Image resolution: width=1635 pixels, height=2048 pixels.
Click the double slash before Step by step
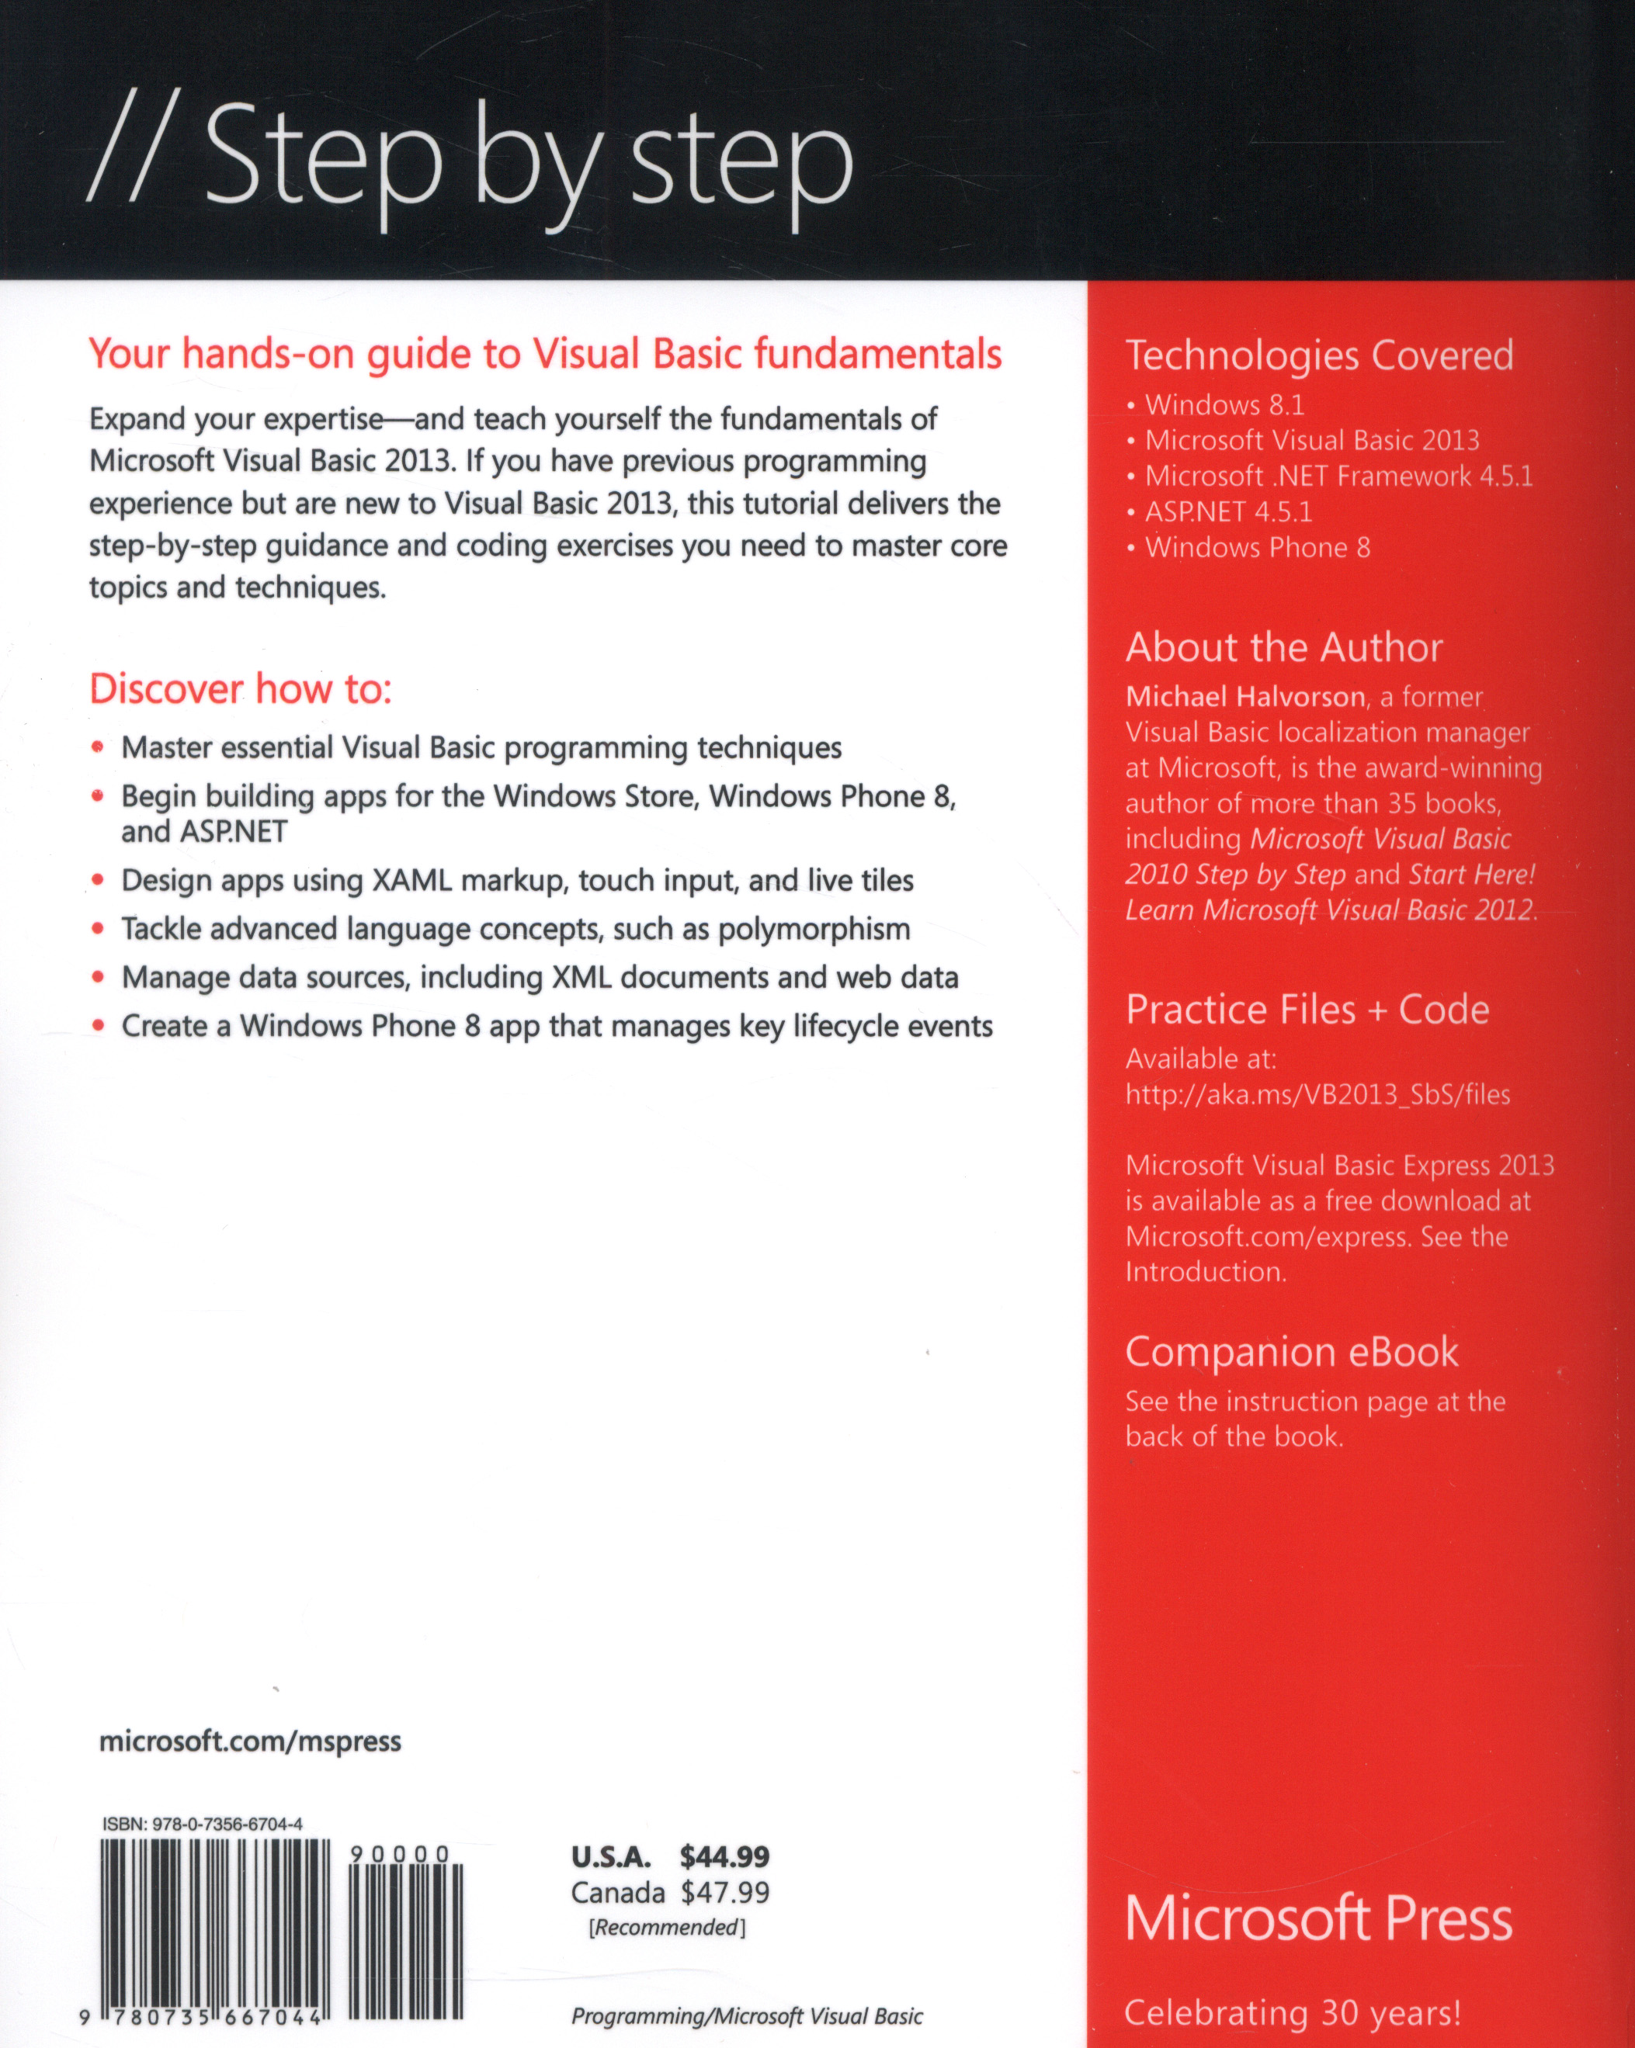[x=129, y=156]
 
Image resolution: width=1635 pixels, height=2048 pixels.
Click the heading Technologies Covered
[x=1319, y=355]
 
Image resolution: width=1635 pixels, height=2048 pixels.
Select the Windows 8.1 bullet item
[x=1224, y=406]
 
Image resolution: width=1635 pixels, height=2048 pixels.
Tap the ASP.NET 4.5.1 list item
[x=1227, y=512]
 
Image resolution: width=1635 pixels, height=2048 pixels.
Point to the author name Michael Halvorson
[x=1244, y=697]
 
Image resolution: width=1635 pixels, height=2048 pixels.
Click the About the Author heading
[x=1283, y=648]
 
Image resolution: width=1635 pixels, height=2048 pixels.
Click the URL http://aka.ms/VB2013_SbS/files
[x=1317, y=1095]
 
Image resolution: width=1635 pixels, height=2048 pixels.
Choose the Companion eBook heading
[x=1291, y=1352]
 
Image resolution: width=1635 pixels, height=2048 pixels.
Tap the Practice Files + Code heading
[x=1307, y=1010]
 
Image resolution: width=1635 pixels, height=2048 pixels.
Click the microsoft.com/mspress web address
[x=250, y=1741]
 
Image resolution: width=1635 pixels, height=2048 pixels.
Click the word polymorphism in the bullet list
[x=813, y=929]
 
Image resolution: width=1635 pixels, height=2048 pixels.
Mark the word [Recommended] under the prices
[x=667, y=1928]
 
